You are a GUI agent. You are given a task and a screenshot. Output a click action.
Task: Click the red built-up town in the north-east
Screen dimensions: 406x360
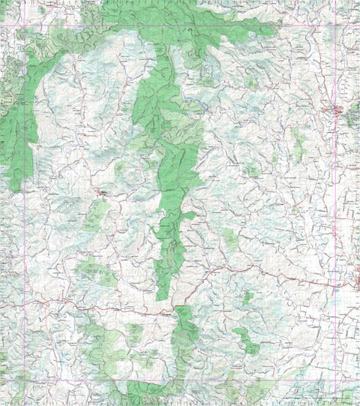(334, 112)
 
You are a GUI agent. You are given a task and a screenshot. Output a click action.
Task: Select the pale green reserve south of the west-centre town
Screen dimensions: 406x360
(96, 216)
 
